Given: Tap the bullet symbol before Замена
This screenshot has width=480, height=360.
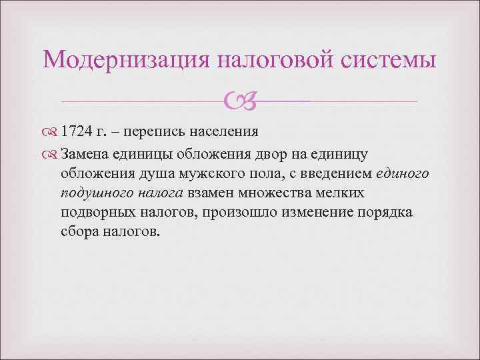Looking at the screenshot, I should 51,154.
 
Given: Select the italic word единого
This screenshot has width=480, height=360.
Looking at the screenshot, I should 407,173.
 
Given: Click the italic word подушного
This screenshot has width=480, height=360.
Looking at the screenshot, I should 92,193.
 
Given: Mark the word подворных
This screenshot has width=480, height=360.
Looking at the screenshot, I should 94,212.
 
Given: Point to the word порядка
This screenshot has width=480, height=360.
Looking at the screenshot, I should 383,212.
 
